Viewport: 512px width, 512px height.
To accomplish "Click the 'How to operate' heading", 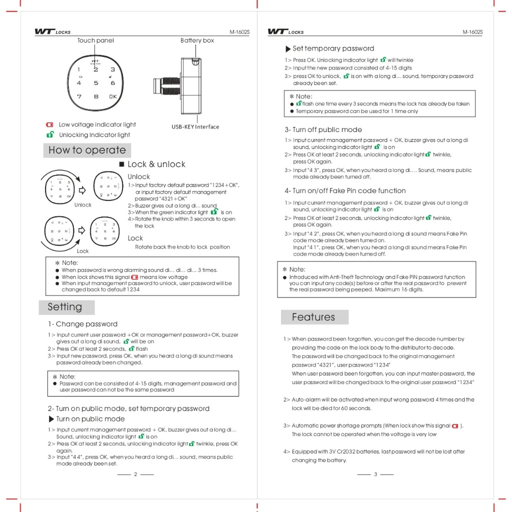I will point(87,150).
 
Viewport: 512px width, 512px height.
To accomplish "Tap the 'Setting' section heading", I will point(64,306).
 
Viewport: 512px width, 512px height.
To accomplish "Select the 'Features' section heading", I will point(313,317).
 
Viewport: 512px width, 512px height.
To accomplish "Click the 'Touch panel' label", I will point(95,40).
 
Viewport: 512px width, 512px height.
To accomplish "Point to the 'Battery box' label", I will point(197,40).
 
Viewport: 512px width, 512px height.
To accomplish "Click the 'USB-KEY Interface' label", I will point(195,127).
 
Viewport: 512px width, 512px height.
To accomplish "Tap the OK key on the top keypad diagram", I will point(112,96).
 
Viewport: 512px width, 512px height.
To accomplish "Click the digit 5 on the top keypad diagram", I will point(96,83).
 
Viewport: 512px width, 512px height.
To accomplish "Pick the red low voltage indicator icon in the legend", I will point(49,125).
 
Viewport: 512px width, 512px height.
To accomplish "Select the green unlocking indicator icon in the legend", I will point(49,135).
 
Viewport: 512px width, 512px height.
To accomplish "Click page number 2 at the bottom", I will point(135,474).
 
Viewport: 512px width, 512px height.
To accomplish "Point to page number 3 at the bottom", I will point(375,474).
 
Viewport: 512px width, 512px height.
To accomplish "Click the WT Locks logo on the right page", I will point(285,32).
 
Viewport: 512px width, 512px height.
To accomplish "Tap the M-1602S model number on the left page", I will point(239,32).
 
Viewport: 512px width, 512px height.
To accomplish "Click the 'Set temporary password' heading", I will point(333,48).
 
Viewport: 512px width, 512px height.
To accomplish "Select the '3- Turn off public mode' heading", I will point(323,129).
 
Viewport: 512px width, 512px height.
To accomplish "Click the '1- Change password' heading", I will point(82,324).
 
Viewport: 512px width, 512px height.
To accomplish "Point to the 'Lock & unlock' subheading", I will point(156,164).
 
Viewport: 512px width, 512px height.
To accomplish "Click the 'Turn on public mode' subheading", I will point(90,419).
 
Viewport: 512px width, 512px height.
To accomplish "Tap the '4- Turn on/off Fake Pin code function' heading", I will point(345,190).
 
